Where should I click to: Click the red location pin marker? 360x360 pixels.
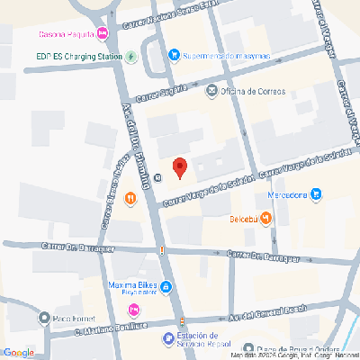point(179,167)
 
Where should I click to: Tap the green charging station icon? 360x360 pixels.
point(131,57)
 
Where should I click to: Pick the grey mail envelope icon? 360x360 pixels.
point(211,90)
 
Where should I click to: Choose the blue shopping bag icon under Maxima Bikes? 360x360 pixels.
point(166,288)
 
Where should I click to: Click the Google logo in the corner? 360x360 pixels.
point(18,352)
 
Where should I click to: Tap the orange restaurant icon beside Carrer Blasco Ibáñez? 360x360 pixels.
point(130,197)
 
